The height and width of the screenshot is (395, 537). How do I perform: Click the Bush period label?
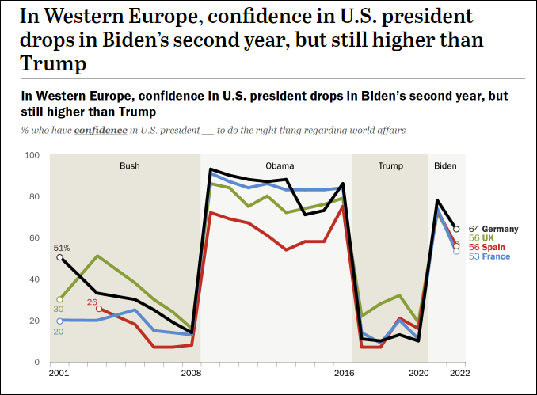(x=129, y=166)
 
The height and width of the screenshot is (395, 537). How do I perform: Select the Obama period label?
(x=280, y=166)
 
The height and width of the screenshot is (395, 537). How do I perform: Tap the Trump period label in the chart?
(x=390, y=166)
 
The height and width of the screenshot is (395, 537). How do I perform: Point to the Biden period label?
(x=446, y=166)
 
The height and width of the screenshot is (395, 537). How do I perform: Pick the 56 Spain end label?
(x=486, y=247)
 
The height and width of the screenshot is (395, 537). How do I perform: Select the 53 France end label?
(x=489, y=256)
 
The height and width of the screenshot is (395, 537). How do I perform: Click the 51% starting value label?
(x=62, y=247)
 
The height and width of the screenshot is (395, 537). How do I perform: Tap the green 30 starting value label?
(x=59, y=310)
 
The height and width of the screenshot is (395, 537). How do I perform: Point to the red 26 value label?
(x=92, y=302)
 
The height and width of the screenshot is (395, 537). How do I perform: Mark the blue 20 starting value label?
(x=59, y=332)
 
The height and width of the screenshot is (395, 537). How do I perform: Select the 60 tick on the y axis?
(x=35, y=237)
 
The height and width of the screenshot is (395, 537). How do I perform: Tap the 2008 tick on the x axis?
(x=191, y=372)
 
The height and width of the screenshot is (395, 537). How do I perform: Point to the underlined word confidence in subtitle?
(x=101, y=129)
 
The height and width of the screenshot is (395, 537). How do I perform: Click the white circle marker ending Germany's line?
(x=456, y=230)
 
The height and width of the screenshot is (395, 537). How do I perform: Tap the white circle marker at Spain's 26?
(x=98, y=309)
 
